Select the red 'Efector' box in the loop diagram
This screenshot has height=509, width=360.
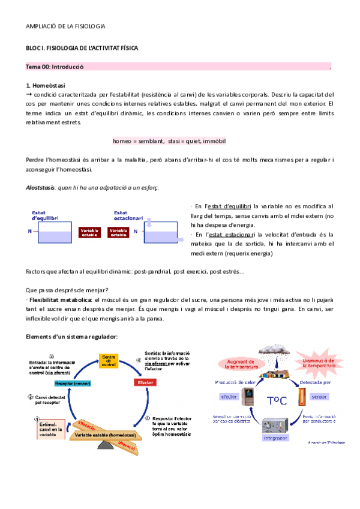(144, 381)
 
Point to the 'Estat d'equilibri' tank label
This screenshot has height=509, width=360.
(42, 215)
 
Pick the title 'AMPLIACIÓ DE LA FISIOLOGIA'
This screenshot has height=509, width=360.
(66, 26)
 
